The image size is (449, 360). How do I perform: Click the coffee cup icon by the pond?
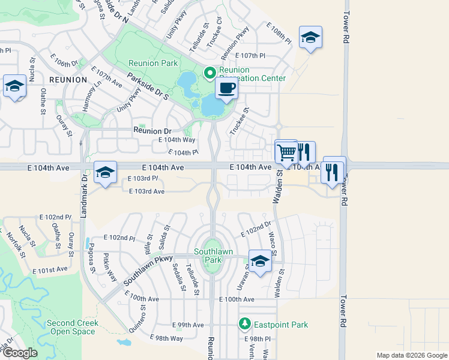coord(226,89)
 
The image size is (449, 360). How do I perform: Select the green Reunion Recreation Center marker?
coord(209,73)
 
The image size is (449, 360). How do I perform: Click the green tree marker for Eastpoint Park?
coord(245,325)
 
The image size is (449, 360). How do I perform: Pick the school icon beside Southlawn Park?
coord(260,262)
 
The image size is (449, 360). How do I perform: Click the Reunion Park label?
coord(152,64)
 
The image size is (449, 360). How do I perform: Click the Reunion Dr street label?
coord(152,131)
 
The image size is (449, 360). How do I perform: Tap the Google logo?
coord(20,353)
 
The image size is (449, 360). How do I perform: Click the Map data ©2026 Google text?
coord(411,355)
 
